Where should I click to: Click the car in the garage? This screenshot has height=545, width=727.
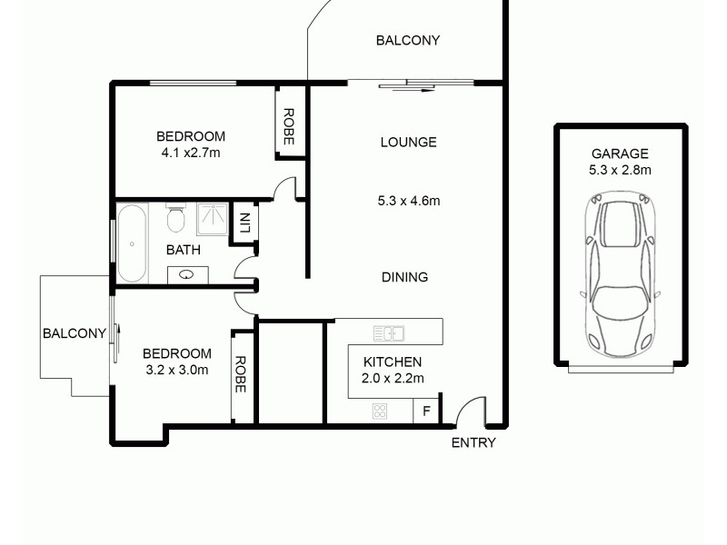click(621, 274)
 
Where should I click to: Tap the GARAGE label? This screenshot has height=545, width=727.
click(620, 154)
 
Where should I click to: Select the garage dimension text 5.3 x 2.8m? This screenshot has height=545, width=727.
click(620, 169)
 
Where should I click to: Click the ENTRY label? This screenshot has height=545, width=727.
click(473, 442)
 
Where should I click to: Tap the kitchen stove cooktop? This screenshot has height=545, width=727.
click(380, 411)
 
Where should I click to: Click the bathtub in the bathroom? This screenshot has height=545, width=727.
click(132, 243)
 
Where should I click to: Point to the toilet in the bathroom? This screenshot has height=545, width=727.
click(176, 220)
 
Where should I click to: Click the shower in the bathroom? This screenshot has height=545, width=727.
click(214, 218)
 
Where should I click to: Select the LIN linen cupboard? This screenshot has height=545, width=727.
click(244, 223)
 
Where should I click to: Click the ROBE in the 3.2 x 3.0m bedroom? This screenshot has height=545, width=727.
click(241, 373)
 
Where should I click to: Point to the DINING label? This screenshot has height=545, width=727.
click(404, 277)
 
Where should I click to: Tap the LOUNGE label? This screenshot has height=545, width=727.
click(408, 142)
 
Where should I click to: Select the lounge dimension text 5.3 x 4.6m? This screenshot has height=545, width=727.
click(409, 201)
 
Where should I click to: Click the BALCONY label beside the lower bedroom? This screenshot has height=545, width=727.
click(75, 333)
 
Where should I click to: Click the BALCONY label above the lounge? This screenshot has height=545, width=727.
click(408, 40)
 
